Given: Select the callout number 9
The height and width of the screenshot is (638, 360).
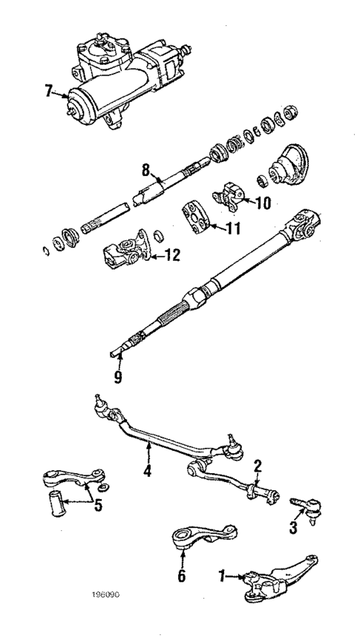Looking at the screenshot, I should click(x=117, y=376).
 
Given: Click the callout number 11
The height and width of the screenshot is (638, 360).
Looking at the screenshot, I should click(x=232, y=229).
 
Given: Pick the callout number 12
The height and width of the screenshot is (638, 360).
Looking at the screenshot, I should click(x=171, y=256).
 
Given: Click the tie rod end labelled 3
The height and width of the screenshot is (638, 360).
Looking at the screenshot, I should click(x=307, y=508).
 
